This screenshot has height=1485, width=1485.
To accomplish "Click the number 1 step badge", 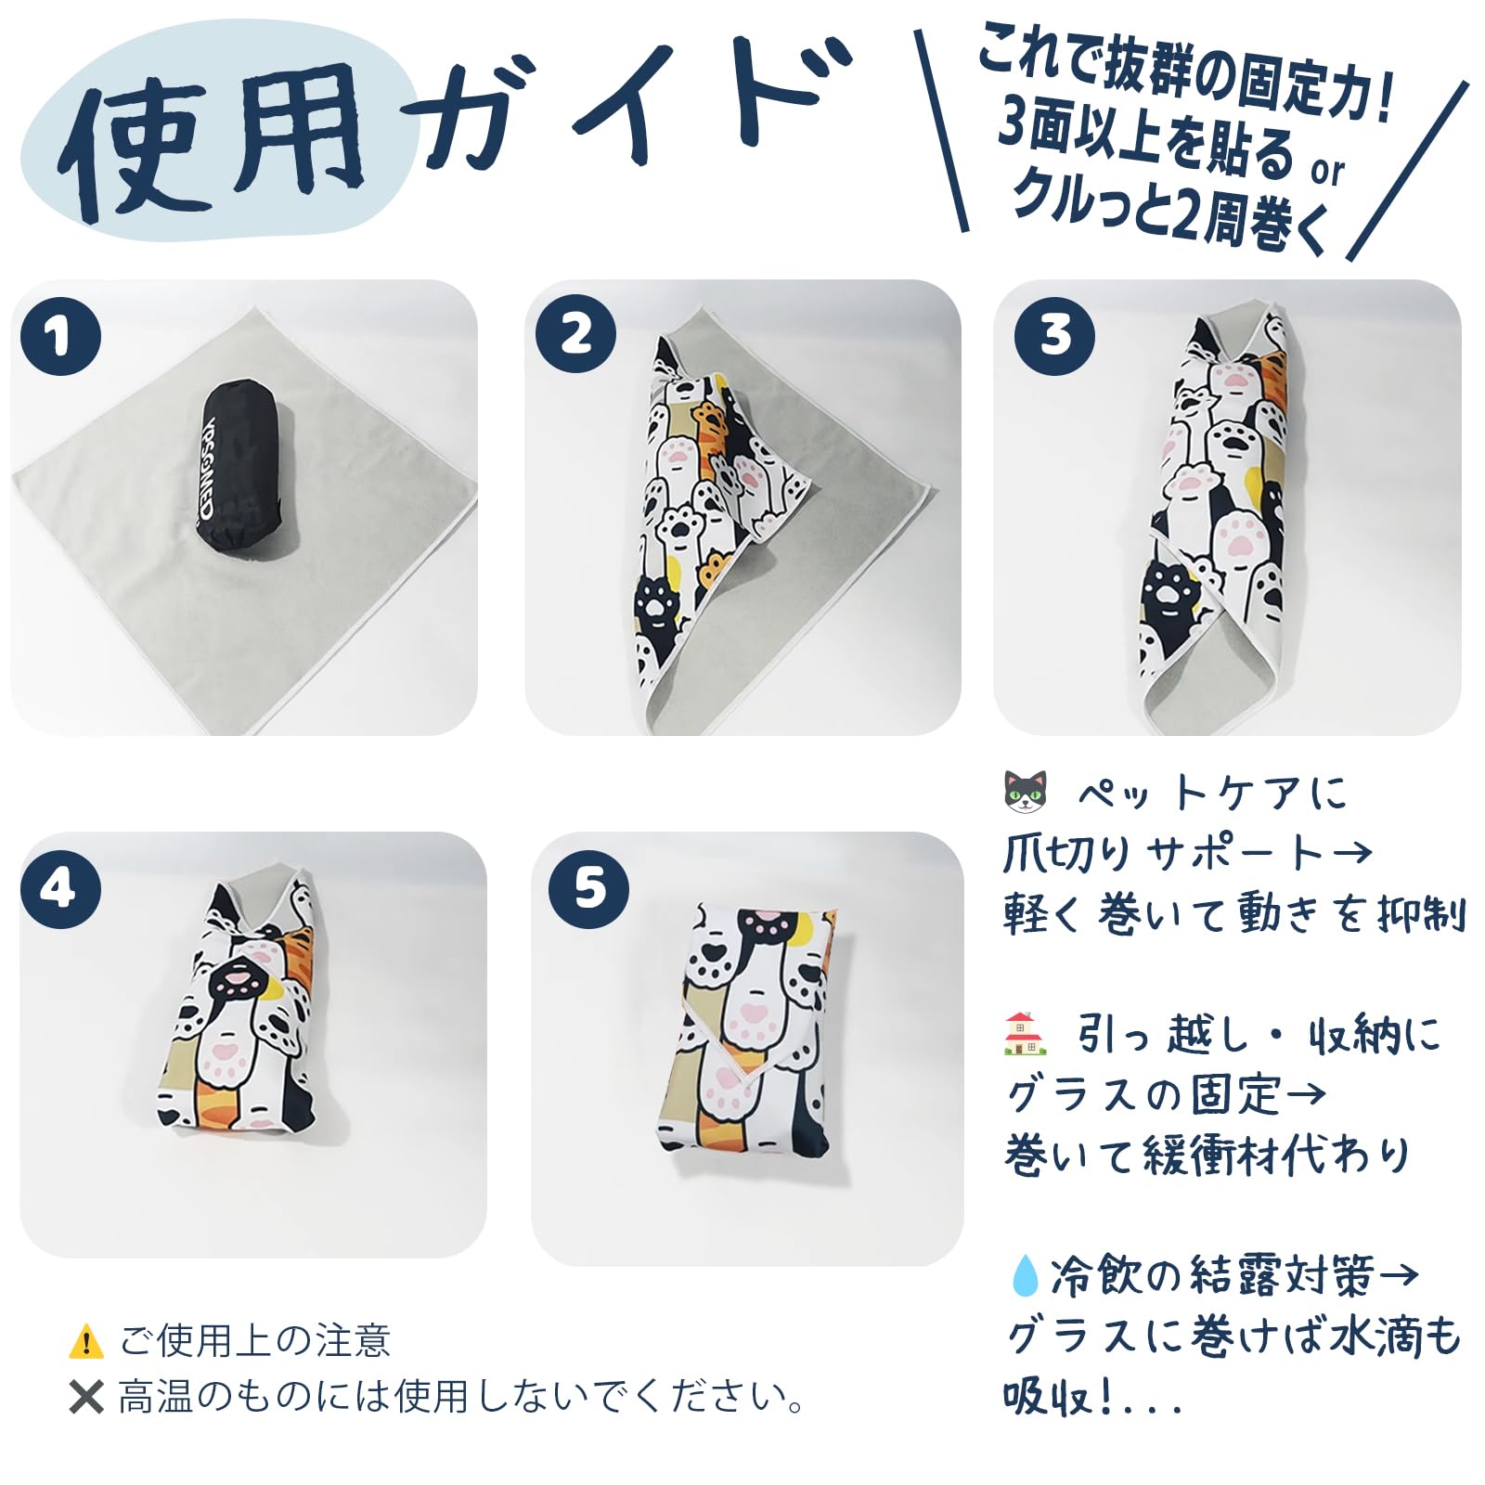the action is coord(60,335).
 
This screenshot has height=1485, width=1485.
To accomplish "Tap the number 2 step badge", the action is coord(575,333).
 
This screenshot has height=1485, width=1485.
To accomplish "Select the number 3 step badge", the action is coord(1054,335).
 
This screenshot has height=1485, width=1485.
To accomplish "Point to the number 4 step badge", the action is coord(60,888).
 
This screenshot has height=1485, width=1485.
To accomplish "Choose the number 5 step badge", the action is coord(588,888).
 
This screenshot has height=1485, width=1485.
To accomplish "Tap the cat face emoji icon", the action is coord(1026,792).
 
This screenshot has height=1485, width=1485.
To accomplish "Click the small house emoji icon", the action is coord(1026,1034).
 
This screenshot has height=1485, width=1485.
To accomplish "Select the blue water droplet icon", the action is coord(1024,1274).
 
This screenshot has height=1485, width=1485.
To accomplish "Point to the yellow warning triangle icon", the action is coord(86,1340).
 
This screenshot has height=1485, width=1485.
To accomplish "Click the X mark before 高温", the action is coord(86,1396).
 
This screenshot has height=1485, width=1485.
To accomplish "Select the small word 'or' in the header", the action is coord(1327,170).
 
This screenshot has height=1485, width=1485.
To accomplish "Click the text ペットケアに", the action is coord(1212,793).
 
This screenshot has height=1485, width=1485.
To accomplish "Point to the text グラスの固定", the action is coord(1144,1095).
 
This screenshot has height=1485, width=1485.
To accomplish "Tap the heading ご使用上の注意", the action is coord(255,1340).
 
